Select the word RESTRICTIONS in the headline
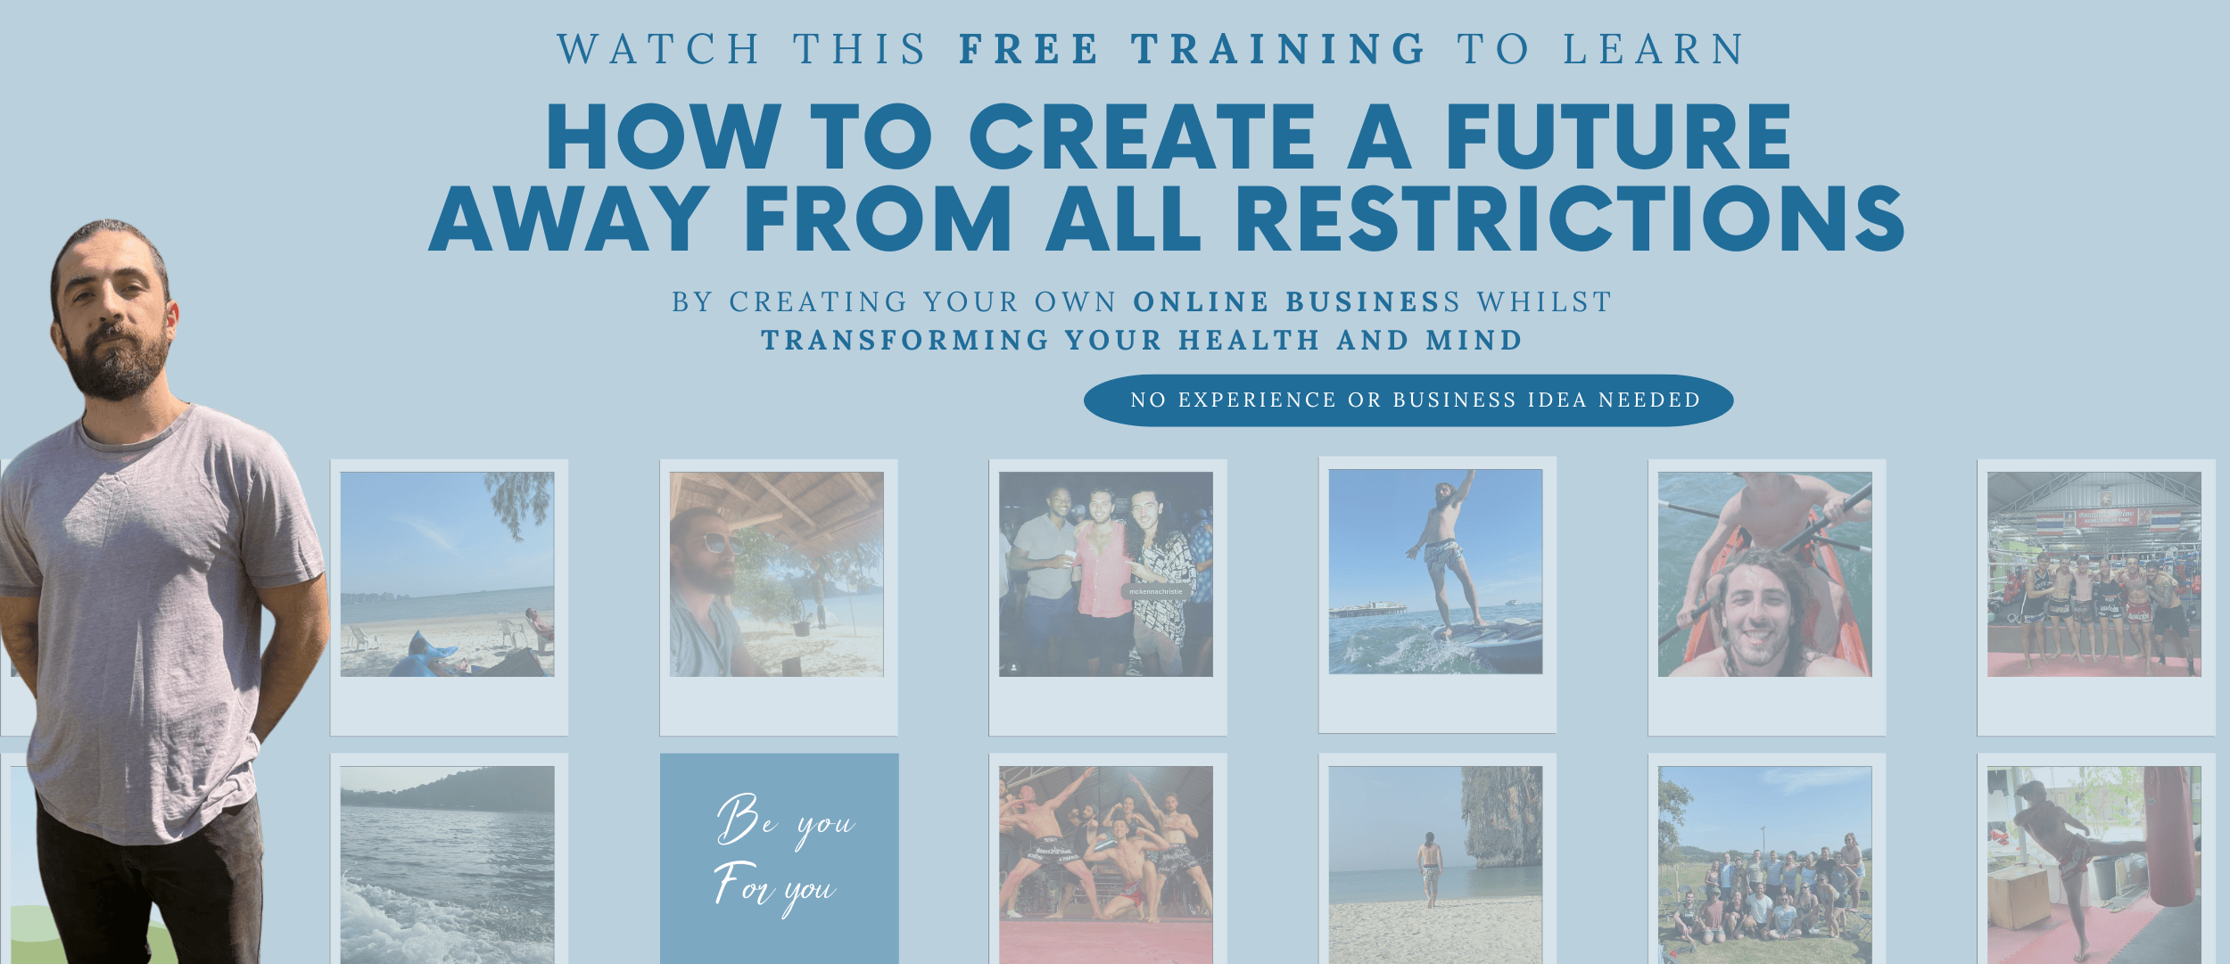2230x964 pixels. [x=1570, y=218]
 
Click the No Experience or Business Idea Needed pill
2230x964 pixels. [x=1408, y=400]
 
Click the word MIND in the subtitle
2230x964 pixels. [x=1474, y=340]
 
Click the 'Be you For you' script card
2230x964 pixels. [x=779, y=859]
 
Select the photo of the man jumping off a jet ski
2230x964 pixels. [x=1435, y=572]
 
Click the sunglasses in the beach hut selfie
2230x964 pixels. [x=722, y=542]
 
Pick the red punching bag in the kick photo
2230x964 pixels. [x=2169, y=836]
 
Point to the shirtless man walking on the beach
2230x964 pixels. [x=1430, y=869]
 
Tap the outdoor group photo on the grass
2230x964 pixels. [x=1764, y=865]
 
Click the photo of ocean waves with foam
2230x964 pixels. [x=447, y=865]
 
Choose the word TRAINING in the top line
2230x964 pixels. [x=1279, y=49]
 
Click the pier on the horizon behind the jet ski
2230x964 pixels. [x=1368, y=612]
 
